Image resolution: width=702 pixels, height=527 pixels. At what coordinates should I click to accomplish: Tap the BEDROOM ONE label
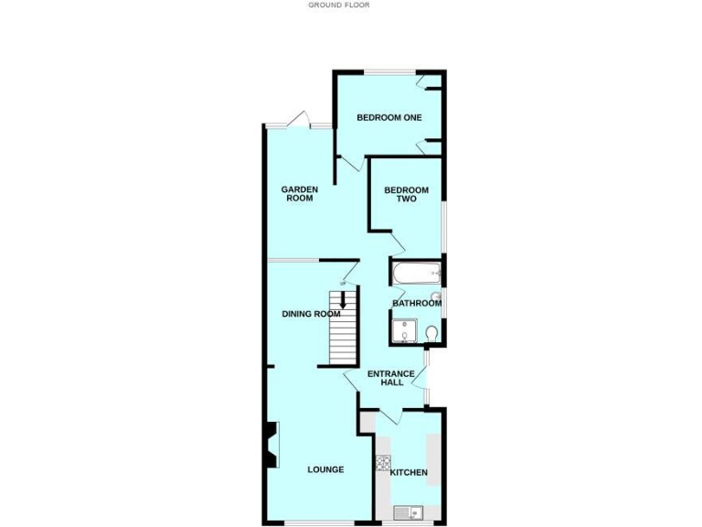point(388,117)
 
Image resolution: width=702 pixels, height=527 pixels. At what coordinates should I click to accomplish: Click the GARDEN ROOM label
point(299,193)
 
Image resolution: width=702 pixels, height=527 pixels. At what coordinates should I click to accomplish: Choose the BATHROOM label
point(416,303)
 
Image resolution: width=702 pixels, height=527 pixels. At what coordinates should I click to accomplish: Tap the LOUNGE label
point(325,469)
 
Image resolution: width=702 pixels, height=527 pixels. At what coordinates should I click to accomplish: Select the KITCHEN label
point(409,472)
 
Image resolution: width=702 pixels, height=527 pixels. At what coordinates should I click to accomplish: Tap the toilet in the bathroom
point(431,332)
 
